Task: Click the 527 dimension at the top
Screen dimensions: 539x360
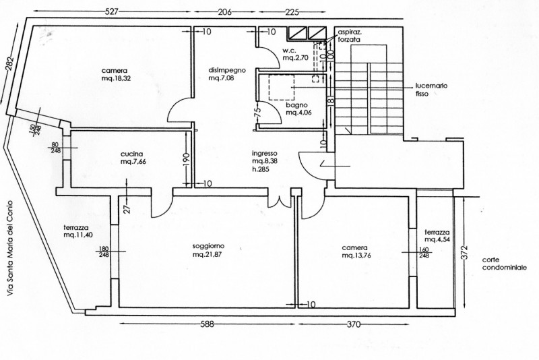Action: pos(111,11)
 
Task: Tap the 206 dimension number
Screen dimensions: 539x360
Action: pos(225,12)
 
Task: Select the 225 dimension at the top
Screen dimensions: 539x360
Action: pos(292,12)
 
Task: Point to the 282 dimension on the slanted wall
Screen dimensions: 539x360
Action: pos(9,63)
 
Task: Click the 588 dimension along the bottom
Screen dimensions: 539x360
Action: pos(208,324)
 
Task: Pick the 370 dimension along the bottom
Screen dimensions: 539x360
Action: pos(354,324)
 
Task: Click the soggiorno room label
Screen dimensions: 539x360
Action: pos(208,246)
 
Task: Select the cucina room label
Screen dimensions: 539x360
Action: pos(131,154)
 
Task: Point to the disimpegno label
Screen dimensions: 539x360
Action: pos(227,71)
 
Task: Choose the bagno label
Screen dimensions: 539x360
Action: pos(296,105)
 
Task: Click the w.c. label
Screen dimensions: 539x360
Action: pos(290,51)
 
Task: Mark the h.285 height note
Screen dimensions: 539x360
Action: pos(261,169)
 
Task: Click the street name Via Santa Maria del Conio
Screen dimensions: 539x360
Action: pos(10,248)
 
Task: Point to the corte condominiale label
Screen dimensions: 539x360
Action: pos(504,264)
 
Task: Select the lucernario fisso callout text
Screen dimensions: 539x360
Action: pos(431,90)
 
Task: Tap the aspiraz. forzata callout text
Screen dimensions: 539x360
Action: pos(349,36)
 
